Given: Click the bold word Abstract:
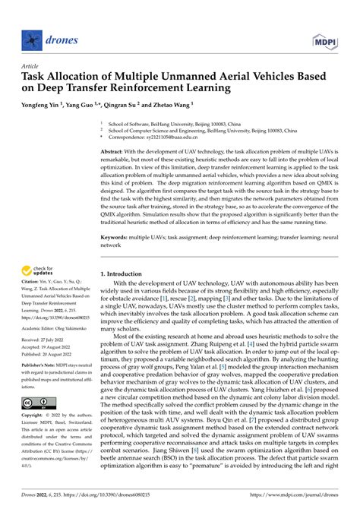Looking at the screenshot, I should [115, 153].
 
